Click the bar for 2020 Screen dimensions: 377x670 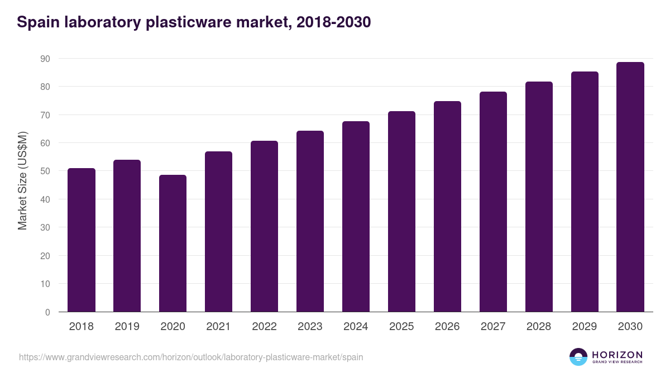173,244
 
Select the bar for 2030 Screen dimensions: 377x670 630,187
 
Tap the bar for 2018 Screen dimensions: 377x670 82,240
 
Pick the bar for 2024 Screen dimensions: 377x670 356,217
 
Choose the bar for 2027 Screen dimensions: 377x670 493,202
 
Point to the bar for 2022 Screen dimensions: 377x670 264,226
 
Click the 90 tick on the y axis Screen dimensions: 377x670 45,59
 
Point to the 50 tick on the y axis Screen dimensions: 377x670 45,171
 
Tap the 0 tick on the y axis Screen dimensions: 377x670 47,312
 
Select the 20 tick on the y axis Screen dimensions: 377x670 45,256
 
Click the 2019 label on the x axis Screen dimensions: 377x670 127,327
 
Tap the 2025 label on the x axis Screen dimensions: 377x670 401,327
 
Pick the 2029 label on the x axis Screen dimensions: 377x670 585,327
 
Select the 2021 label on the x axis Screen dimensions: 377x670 218,327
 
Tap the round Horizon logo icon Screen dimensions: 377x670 578,357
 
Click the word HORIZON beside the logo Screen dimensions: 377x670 617,355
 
